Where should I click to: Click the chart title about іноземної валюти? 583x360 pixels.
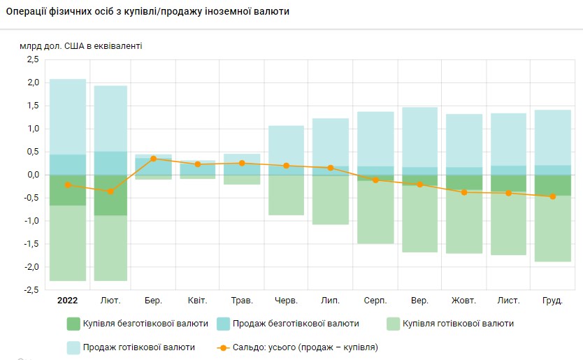click(147, 13)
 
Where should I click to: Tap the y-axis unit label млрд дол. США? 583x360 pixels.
click(80, 46)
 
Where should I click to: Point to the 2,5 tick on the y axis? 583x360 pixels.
click(32, 59)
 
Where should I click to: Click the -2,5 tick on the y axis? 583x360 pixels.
click(31, 290)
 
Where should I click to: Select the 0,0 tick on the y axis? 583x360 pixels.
click(32, 175)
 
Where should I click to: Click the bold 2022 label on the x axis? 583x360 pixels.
click(67, 301)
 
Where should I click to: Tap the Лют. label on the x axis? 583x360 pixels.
click(110, 301)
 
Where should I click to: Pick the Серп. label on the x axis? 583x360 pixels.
click(376, 301)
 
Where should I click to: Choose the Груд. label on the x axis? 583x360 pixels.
click(553, 301)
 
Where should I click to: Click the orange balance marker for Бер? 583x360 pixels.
click(153, 159)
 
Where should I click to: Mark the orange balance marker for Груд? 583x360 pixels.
click(553, 196)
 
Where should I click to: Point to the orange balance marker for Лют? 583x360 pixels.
click(110, 191)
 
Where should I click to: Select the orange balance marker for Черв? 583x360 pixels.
click(287, 166)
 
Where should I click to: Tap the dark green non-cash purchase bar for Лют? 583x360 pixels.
click(110, 195)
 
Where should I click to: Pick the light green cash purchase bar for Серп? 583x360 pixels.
click(375, 213)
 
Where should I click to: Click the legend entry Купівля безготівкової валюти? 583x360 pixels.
click(137, 324)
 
